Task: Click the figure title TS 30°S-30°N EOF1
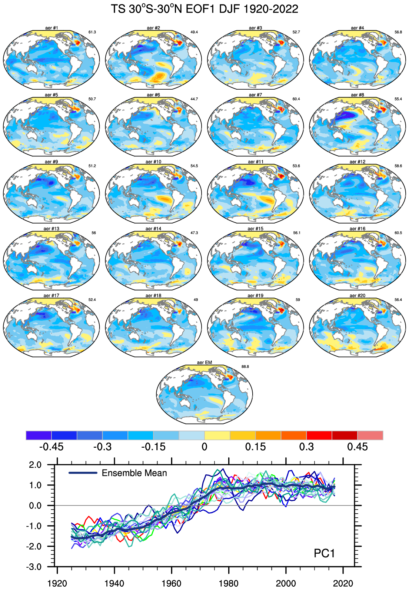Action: pyautogui.click(x=204, y=9)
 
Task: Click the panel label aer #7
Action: pyautogui.click(x=255, y=95)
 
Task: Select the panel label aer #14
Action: pyautogui.click(x=153, y=229)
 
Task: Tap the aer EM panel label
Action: pyautogui.click(x=204, y=362)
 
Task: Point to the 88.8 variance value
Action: pyautogui.click(x=245, y=367)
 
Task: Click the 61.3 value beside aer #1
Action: pyautogui.click(x=92, y=32)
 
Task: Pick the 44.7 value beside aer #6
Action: pyautogui.click(x=194, y=99)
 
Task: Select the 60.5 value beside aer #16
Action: pyautogui.click(x=398, y=233)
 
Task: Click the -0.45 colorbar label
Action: pyautogui.click(x=51, y=447)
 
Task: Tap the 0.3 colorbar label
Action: pyautogui.click(x=306, y=447)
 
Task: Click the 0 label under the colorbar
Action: pyautogui.click(x=204, y=447)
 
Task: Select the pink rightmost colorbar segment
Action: pyautogui.click(x=370, y=435)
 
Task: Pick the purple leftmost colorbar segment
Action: pyautogui.click(x=39, y=435)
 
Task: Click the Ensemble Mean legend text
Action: pyautogui.click(x=134, y=473)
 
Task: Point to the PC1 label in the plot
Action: pyautogui.click(x=324, y=553)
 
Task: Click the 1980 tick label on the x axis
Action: pyautogui.click(x=229, y=583)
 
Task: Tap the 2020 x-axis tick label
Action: pyautogui.click(x=343, y=583)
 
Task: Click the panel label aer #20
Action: pyautogui.click(x=358, y=296)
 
